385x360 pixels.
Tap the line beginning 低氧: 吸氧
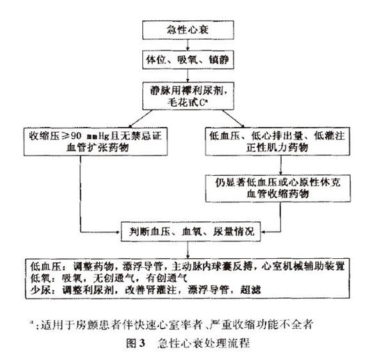point(105,277)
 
